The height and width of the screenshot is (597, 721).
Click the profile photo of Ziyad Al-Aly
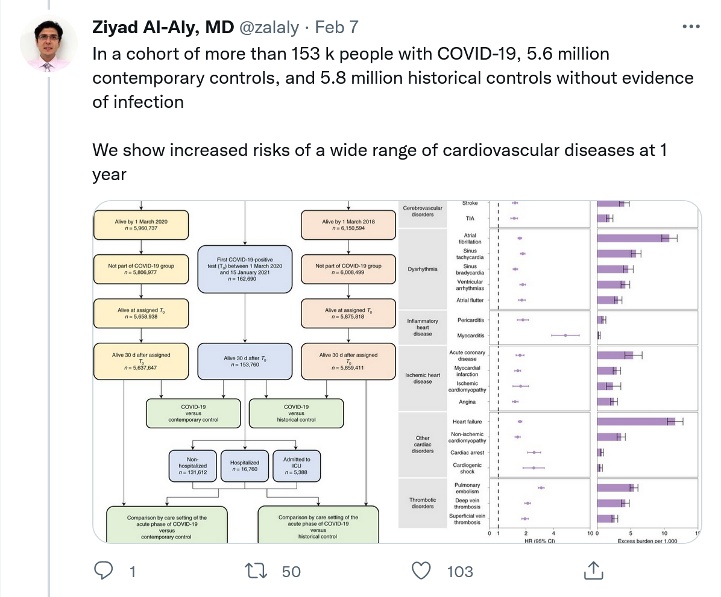click(48, 43)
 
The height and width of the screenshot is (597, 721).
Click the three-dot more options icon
click(690, 27)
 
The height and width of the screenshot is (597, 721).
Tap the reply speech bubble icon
click(105, 570)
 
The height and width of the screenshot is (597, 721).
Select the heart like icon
click(421, 570)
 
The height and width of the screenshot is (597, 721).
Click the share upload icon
click(593, 570)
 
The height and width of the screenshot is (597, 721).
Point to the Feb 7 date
click(337, 27)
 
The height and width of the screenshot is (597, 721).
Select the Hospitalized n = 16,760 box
click(244, 466)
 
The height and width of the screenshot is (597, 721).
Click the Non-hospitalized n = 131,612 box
click(192, 466)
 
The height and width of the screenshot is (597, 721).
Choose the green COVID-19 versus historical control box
click(296, 413)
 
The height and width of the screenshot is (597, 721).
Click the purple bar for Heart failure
click(636, 422)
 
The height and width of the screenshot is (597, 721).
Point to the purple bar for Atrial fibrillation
click(633, 238)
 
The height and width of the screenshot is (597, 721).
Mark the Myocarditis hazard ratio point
click(565, 335)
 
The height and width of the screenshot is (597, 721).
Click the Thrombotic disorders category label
click(423, 503)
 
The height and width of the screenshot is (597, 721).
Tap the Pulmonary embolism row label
click(468, 488)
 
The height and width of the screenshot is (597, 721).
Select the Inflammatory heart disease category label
click(423, 327)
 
